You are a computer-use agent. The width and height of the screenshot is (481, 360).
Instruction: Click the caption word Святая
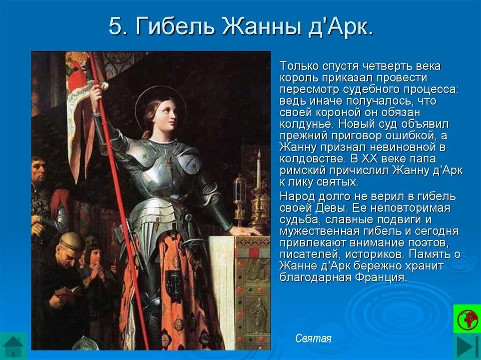click(313, 338)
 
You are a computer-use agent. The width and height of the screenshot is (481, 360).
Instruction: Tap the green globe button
click(466, 318)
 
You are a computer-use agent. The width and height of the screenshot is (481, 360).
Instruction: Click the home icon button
click(13, 346)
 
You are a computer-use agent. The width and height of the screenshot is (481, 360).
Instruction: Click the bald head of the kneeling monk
click(70, 240)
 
